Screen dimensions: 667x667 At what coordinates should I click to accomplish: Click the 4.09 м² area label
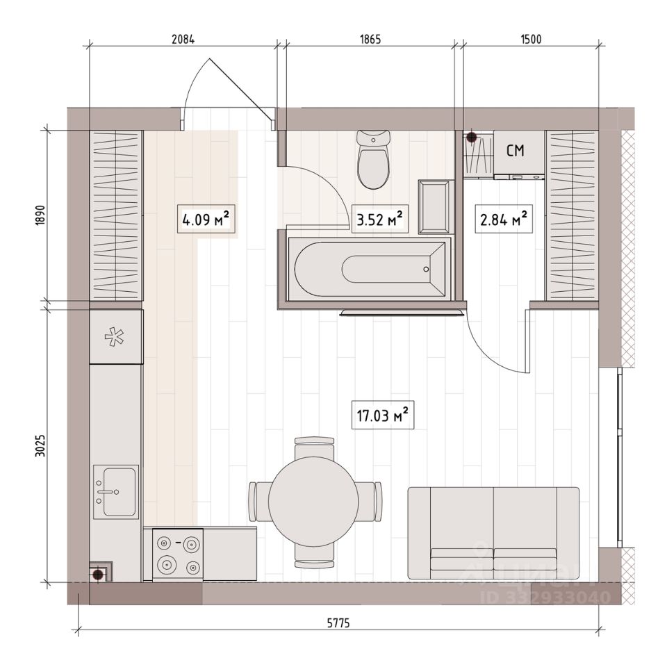206,219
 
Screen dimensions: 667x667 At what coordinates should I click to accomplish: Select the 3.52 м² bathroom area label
380,219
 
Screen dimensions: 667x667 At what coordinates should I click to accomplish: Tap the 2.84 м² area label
504,219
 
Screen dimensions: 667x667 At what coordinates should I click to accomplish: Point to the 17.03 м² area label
383,414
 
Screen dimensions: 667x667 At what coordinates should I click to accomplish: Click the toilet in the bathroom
374,160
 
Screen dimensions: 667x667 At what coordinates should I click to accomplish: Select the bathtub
367,269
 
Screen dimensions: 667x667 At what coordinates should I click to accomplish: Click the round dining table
313,501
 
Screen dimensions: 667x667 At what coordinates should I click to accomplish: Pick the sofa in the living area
493,533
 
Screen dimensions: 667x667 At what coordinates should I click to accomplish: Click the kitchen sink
116,492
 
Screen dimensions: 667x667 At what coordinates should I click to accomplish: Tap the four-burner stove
178,554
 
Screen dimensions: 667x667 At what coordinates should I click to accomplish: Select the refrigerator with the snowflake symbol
116,336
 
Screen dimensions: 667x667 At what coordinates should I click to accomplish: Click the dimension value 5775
338,623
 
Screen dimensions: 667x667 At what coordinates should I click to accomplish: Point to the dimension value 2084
183,39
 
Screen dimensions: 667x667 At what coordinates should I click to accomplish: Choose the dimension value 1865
370,39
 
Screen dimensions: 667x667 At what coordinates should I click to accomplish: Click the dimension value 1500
531,39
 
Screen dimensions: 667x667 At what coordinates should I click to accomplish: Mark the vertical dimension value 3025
40,445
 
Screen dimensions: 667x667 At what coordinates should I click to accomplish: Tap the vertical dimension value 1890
40,215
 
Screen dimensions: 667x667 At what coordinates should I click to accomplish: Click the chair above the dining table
314,447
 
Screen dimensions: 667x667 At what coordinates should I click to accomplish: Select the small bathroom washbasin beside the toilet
434,207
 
